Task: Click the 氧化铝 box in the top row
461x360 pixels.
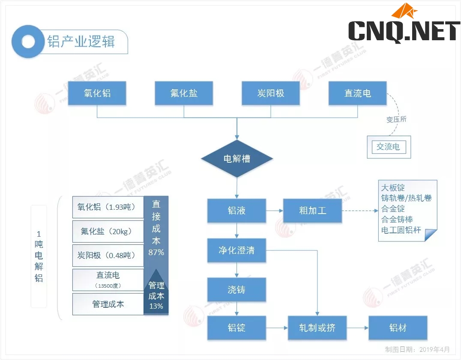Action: [97, 93]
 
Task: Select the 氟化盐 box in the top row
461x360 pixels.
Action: [184, 93]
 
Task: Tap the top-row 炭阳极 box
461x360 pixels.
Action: [270, 93]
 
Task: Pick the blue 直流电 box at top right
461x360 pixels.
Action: [357, 93]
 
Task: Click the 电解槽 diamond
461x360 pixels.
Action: [237, 159]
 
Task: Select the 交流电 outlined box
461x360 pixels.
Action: [388, 147]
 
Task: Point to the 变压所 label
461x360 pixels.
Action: [396, 119]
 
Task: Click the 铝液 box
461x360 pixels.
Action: [236, 211]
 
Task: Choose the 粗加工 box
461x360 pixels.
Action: [312, 211]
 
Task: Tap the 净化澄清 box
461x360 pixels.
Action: [236, 250]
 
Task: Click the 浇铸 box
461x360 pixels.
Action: [236, 290]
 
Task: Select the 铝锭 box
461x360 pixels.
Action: [236, 328]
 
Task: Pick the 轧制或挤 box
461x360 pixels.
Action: [317, 328]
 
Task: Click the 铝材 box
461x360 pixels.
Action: [398, 328]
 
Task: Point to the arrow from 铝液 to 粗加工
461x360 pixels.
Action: [275, 211]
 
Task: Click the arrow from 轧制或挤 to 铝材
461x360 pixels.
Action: [358, 328]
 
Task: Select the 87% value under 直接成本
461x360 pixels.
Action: [156, 252]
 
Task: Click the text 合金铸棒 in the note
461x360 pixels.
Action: [397, 220]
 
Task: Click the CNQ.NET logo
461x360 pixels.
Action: [404, 26]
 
